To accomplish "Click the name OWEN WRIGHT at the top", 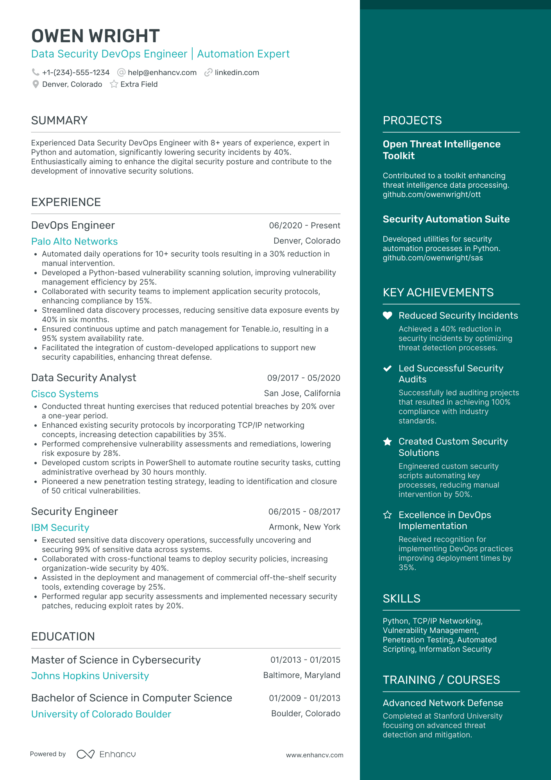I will tap(95, 36).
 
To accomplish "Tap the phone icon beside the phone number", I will tap(36, 72).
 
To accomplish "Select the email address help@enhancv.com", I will tap(162, 73).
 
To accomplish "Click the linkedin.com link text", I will tap(237, 73).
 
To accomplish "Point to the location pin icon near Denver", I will tap(36, 84).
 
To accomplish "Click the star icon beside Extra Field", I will tap(114, 84).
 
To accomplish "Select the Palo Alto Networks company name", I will tap(74, 242).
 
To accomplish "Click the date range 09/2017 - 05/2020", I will tap(304, 378).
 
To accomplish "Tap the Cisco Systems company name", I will tap(65, 394).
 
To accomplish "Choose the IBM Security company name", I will tap(60, 528).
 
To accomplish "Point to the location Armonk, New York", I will tap(304, 527).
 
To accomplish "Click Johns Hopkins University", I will tap(90, 676).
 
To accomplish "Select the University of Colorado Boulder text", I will tap(101, 714).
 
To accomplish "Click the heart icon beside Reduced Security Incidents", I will tap(387, 316).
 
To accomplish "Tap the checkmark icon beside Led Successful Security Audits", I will tap(387, 368).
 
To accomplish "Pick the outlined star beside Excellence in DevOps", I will tap(387, 515).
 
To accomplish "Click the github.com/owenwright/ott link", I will tap(431, 195).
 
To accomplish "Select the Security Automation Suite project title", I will tap(446, 219).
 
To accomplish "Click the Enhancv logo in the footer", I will tap(106, 754).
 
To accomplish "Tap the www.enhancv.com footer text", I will tap(315, 755).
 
